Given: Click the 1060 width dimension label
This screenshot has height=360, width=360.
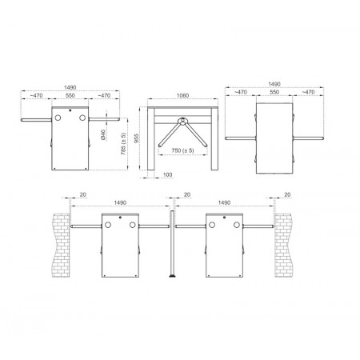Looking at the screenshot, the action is click(182, 95).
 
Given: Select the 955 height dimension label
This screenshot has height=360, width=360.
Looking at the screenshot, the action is click(137, 138).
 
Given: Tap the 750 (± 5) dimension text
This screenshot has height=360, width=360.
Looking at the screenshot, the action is click(182, 150).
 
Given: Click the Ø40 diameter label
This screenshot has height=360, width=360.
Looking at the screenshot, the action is click(103, 134).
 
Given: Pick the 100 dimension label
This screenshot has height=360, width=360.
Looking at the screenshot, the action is click(167, 174).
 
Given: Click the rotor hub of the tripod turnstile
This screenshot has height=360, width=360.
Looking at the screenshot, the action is click(182, 121).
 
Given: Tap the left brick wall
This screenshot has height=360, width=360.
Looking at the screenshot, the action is click(61, 245).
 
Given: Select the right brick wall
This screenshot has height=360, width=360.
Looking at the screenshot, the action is click(282, 245).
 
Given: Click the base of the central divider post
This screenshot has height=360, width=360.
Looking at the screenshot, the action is click(172, 276).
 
